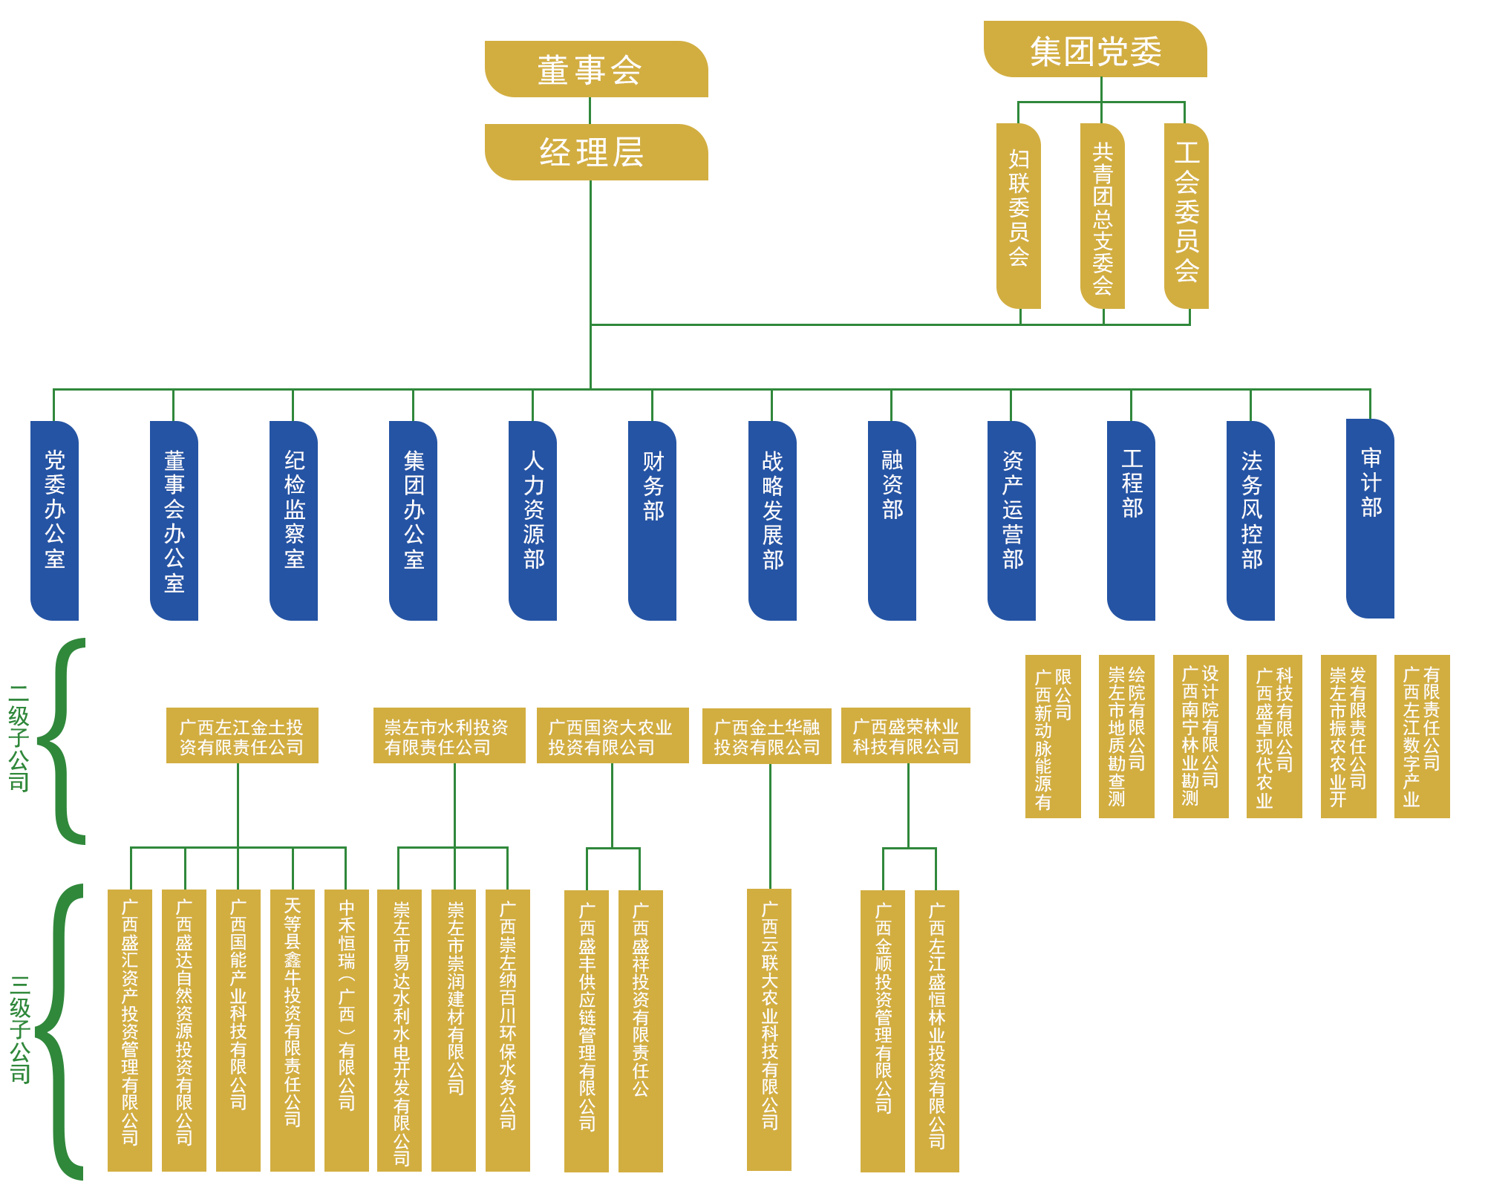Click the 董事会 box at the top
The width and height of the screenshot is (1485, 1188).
tap(596, 69)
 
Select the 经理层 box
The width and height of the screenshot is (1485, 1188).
tap(596, 152)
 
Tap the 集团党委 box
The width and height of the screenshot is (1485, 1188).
tap(1095, 49)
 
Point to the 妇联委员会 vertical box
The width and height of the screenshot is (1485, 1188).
tap(1019, 216)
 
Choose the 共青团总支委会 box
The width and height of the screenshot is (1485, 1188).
tap(1103, 216)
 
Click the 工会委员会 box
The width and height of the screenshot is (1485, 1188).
tap(1187, 216)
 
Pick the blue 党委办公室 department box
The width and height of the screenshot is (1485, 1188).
tap(55, 520)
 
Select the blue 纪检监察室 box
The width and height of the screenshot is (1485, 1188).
tap(294, 520)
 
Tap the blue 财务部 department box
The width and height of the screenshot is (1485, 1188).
tap(653, 520)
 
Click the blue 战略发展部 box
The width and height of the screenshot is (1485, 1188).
tap(773, 520)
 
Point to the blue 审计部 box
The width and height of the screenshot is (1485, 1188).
tap(1371, 518)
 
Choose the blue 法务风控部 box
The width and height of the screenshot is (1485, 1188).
tap(1251, 520)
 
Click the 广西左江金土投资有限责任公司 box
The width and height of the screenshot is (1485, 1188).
tap(242, 736)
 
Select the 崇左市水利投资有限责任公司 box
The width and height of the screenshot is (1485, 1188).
tap(449, 736)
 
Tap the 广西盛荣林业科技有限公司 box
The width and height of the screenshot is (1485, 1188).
tap(906, 736)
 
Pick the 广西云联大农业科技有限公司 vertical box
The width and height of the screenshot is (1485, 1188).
tap(769, 1030)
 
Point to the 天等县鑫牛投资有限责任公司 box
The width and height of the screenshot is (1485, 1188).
tap(293, 1031)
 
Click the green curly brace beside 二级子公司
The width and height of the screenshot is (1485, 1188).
tap(62, 741)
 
